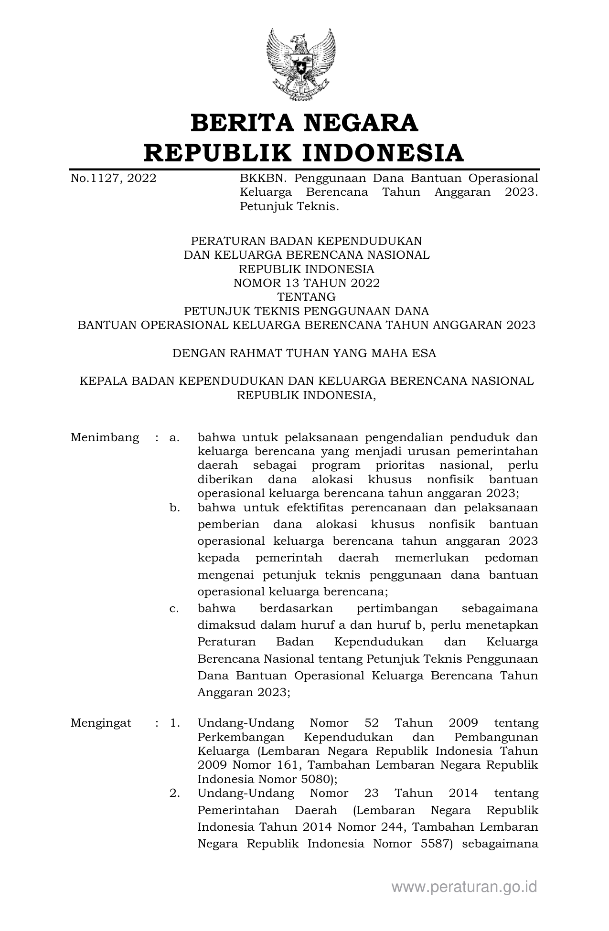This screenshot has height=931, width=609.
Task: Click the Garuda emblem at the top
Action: (301, 64)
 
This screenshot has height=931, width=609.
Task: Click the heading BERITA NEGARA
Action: (304, 123)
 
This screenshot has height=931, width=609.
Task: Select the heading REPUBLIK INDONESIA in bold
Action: (304, 153)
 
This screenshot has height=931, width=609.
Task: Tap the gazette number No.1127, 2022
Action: (113, 179)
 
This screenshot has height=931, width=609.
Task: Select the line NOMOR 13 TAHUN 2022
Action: (306, 283)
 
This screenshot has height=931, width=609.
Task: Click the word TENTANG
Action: (306, 297)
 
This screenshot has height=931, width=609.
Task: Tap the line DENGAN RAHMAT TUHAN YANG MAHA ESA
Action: (304, 353)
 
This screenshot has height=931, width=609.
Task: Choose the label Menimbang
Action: (105, 437)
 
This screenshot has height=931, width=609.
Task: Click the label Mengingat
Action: (101, 723)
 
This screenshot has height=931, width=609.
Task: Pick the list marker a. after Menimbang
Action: (174, 437)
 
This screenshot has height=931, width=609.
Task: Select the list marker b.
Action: (174, 508)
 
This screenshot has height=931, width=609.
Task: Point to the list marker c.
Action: (174, 609)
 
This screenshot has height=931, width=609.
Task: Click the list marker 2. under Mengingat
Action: (174, 793)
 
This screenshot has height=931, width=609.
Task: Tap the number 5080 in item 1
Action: (312, 779)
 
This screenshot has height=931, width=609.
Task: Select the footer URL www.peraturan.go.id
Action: (464, 887)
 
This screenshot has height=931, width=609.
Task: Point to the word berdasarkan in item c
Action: (296, 609)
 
